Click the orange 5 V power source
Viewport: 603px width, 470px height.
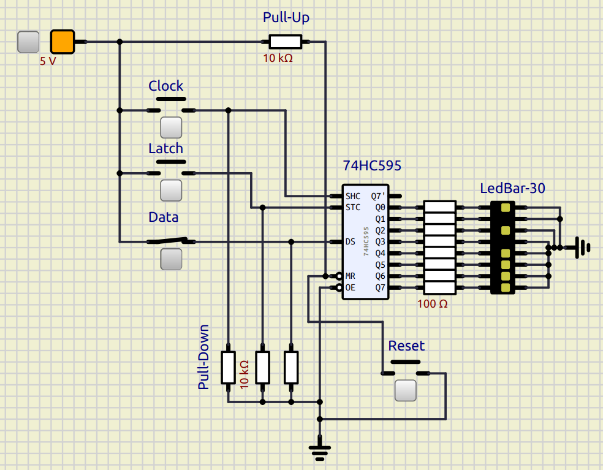62,42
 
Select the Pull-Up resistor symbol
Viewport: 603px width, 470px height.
286,42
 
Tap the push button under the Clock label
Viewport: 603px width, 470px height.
171,127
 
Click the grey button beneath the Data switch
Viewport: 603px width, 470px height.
171,259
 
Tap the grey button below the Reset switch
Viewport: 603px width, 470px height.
405,390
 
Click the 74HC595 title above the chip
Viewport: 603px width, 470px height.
373,166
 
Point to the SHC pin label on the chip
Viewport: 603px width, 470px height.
353,196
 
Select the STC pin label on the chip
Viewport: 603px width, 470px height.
353,208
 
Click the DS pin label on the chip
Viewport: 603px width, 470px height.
351,242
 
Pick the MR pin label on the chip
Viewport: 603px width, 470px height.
351,276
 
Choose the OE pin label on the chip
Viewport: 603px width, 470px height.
351,287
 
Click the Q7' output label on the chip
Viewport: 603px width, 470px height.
378,196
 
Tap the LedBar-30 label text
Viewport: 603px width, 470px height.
512,189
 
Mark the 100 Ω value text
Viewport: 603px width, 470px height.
433,303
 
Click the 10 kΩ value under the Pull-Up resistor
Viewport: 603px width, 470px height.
278,59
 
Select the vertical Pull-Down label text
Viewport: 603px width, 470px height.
204,357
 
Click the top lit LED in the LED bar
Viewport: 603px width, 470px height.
506,208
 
